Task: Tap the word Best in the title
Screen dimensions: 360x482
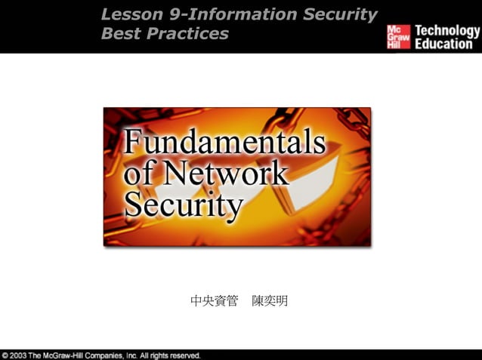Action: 119,34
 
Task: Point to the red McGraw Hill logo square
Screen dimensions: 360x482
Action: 398,37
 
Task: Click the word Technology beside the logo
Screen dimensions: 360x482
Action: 447,31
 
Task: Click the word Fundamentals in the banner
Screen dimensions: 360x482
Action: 224,143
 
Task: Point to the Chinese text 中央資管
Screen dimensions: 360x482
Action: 214,302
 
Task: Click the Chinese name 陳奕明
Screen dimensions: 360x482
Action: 270,302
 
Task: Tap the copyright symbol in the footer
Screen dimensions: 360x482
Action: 6,355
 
